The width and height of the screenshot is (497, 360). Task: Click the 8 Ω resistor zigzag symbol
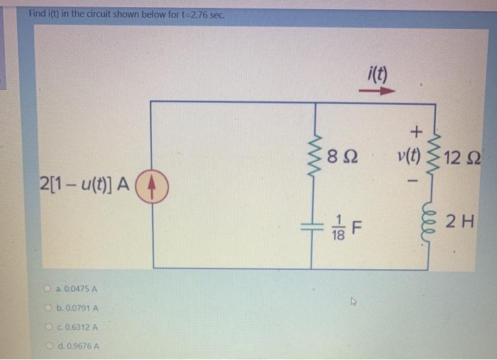click(312, 155)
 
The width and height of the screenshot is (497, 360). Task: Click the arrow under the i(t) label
click(376, 91)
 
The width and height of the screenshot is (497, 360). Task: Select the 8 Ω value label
click(345, 156)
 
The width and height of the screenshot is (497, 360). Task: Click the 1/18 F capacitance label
click(346, 228)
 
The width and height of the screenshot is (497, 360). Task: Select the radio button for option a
click(55, 289)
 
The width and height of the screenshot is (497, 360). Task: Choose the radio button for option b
click(55, 308)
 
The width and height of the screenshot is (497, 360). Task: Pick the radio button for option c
click(55, 327)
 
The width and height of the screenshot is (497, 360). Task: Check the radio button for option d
click(55, 345)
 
